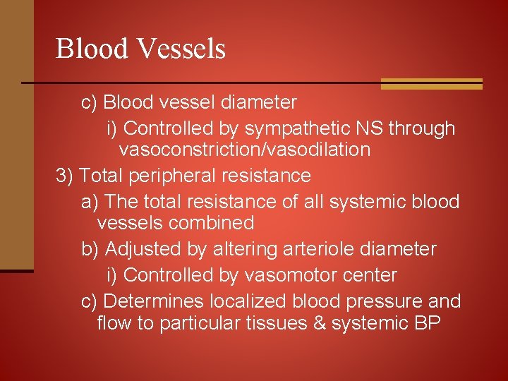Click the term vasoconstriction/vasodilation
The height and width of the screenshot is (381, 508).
(245, 150)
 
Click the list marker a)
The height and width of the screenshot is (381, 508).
(90, 202)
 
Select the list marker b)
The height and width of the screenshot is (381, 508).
(91, 249)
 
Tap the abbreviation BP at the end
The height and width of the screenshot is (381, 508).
(428, 323)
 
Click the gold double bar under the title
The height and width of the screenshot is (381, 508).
(431, 84)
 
